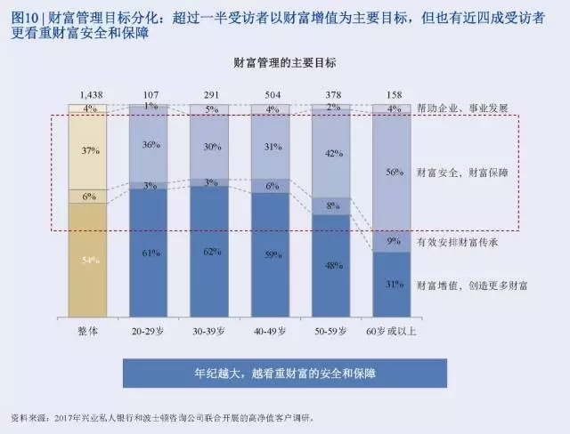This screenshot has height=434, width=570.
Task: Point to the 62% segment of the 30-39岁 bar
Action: [213, 253]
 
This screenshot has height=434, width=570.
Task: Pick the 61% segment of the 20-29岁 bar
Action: [151, 253]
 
